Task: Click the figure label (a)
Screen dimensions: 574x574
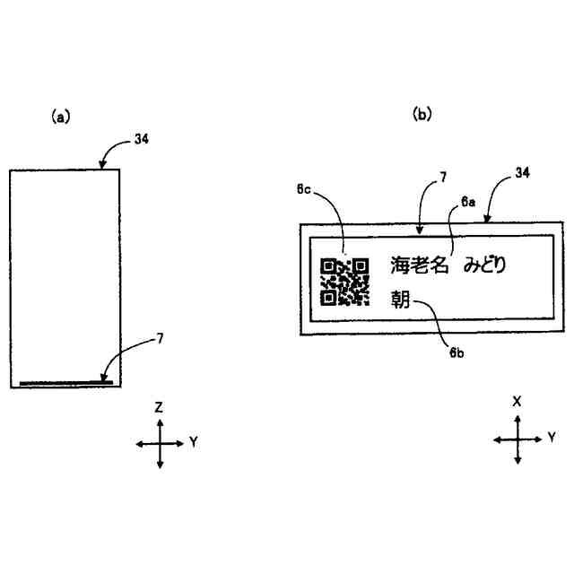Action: pos(61,116)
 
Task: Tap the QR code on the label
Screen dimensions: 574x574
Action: pos(344,281)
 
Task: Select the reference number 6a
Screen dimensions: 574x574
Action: pos(467,204)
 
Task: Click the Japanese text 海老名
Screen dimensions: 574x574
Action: pos(421,265)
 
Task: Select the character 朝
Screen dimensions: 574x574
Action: pos(400,299)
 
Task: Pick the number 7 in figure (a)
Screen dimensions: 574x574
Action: pos(160,338)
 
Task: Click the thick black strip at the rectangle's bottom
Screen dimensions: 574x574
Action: pos(65,383)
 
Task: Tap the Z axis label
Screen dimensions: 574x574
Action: pos(159,407)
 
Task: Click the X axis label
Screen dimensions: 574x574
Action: pos(517,402)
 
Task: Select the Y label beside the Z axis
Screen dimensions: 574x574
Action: pos(194,442)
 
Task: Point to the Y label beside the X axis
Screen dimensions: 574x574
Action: pos(552,438)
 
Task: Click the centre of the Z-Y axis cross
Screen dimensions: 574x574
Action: pos(160,443)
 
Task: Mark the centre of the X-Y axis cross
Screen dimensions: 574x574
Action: pos(517,439)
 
